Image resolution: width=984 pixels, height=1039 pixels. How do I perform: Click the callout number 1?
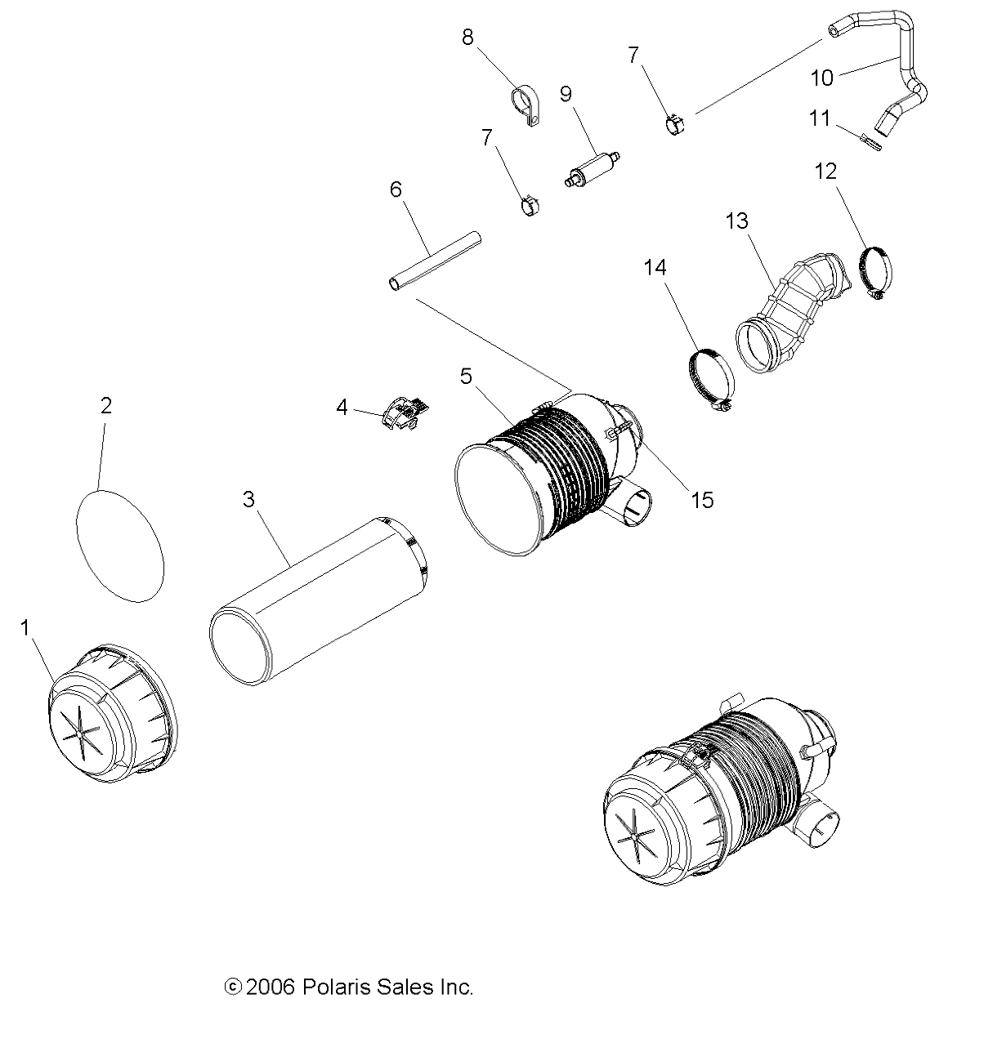point(25,628)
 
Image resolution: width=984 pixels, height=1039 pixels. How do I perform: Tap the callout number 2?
point(106,406)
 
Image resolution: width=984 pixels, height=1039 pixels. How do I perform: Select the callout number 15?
point(702,499)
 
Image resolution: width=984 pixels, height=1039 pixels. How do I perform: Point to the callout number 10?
point(822,78)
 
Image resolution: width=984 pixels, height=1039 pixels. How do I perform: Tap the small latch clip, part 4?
point(405,413)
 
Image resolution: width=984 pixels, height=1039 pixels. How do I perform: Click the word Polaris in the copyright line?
point(333,987)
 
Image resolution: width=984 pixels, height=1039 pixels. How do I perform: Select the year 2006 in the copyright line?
point(271,987)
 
